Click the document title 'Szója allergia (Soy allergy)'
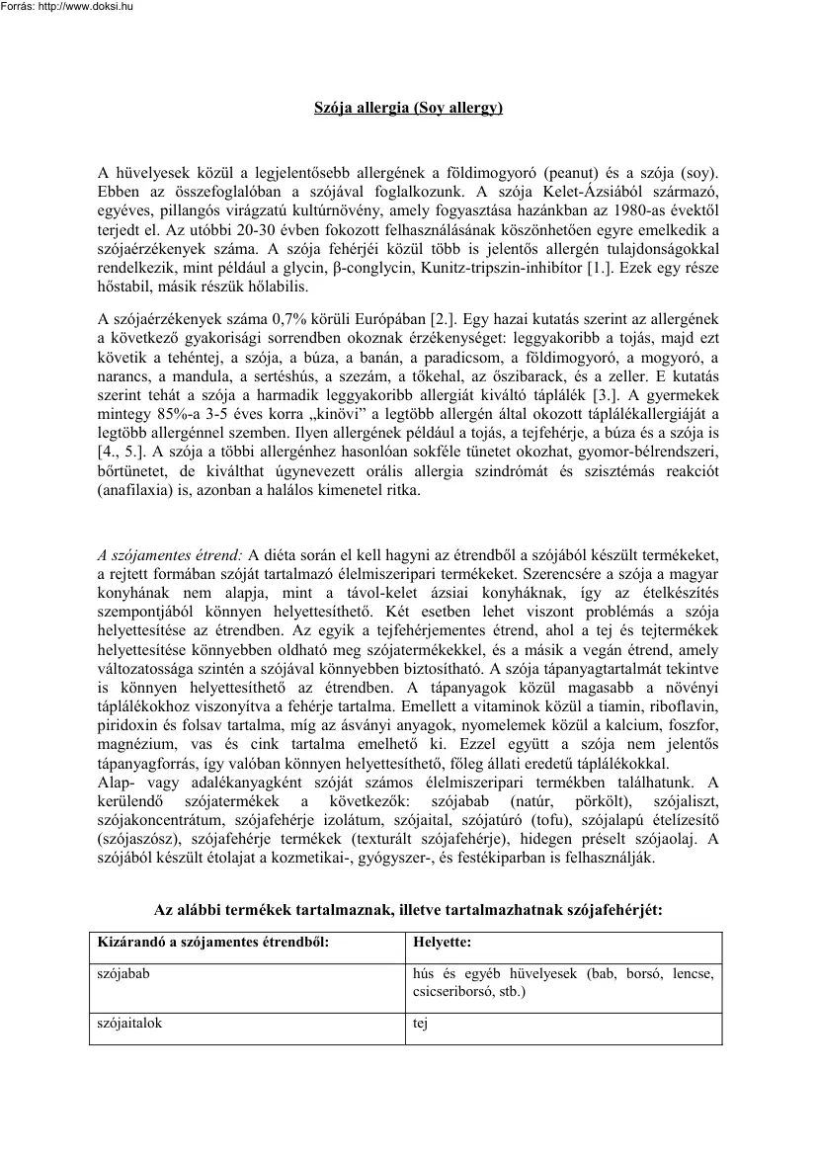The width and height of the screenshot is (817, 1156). coord(408,106)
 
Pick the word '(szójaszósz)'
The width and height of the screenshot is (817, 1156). coord(137,840)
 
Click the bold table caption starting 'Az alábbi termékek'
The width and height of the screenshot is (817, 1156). coord(408,908)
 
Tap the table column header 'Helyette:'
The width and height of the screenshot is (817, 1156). coord(443,943)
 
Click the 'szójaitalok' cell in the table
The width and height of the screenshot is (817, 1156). coord(129,1025)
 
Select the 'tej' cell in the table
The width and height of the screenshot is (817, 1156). coord(420,1025)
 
